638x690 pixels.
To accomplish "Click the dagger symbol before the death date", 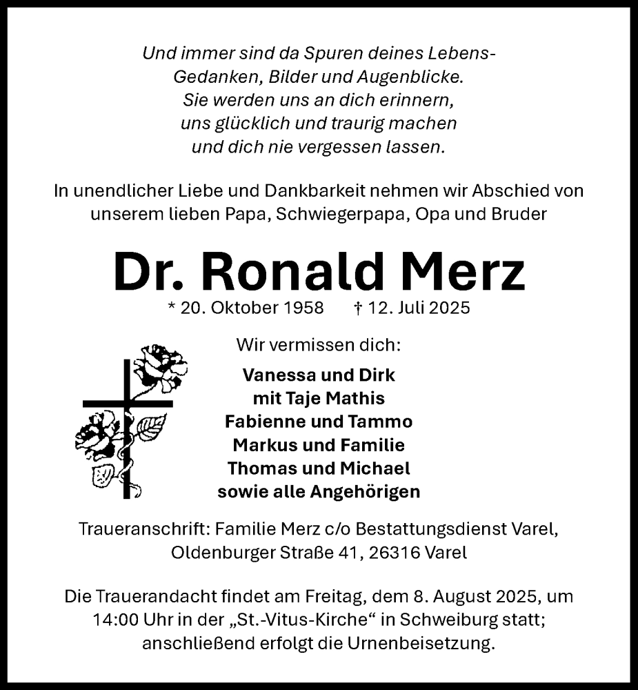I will pyautogui.click(x=357, y=308).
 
